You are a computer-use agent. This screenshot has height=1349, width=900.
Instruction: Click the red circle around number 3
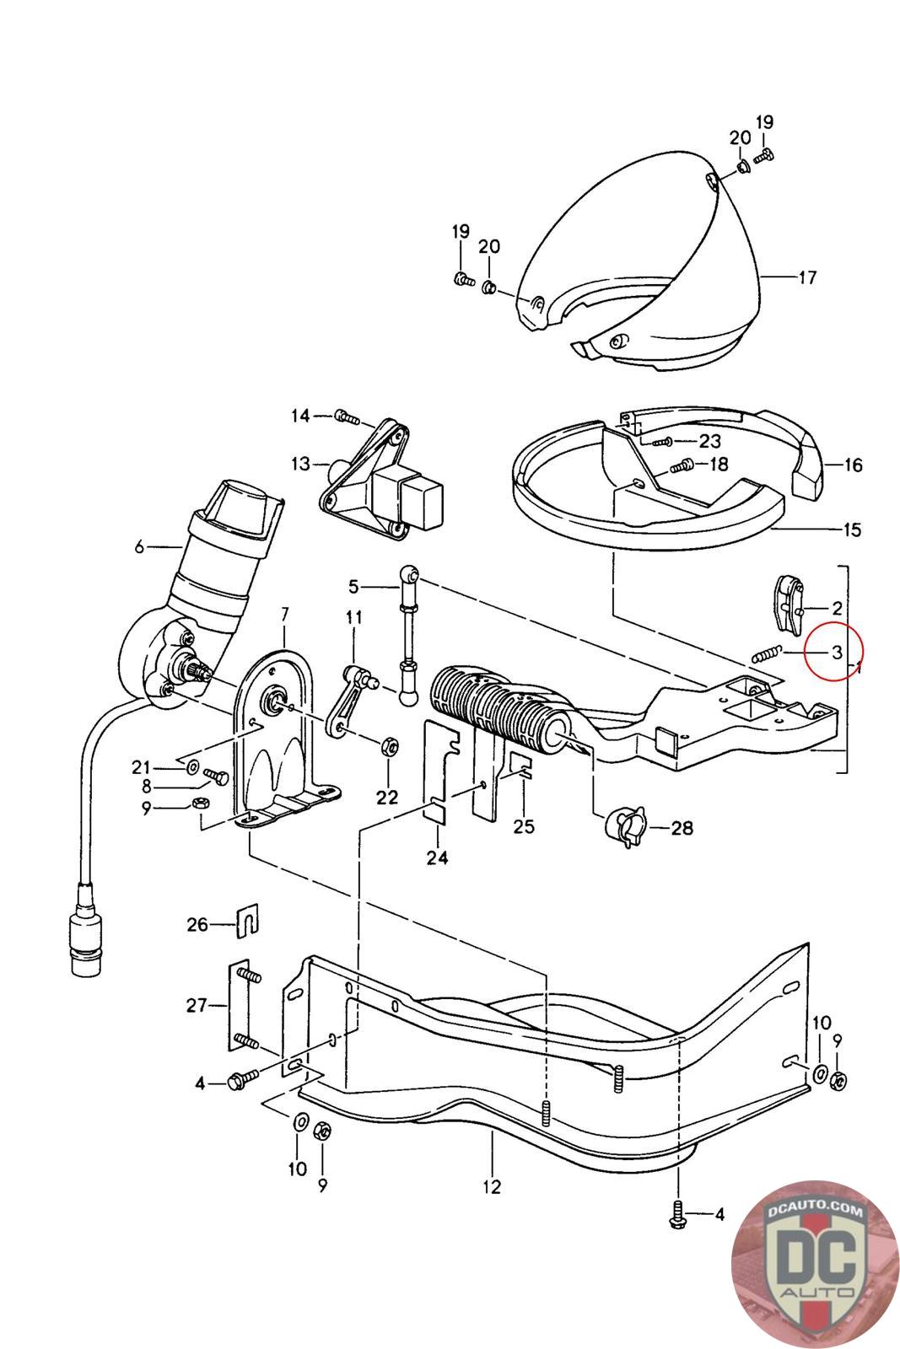pyautogui.click(x=832, y=651)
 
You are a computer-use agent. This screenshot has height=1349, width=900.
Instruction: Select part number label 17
pyautogui.click(x=807, y=277)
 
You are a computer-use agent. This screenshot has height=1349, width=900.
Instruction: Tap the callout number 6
pyautogui.click(x=140, y=546)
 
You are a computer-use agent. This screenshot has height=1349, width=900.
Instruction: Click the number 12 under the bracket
pyautogui.click(x=492, y=1186)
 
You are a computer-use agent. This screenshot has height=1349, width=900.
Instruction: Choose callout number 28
pyautogui.click(x=682, y=828)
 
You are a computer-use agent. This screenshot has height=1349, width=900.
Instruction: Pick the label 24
pyautogui.click(x=437, y=858)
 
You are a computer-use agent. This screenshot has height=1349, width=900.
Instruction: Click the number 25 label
pyautogui.click(x=524, y=825)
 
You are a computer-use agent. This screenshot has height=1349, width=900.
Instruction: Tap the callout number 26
pyautogui.click(x=197, y=925)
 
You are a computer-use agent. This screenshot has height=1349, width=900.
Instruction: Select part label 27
pyautogui.click(x=197, y=1004)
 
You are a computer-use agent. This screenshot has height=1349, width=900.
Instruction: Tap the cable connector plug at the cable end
pyautogui.click(x=85, y=937)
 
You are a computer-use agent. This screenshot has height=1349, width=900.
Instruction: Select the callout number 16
pyautogui.click(x=853, y=465)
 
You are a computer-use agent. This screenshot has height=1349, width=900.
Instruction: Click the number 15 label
pyautogui.click(x=852, y=529)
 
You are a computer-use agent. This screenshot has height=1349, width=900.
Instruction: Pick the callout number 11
pyautogui.click(x=353, y=618)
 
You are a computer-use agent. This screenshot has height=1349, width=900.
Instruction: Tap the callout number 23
pyautogui.click(x=710, y=441)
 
